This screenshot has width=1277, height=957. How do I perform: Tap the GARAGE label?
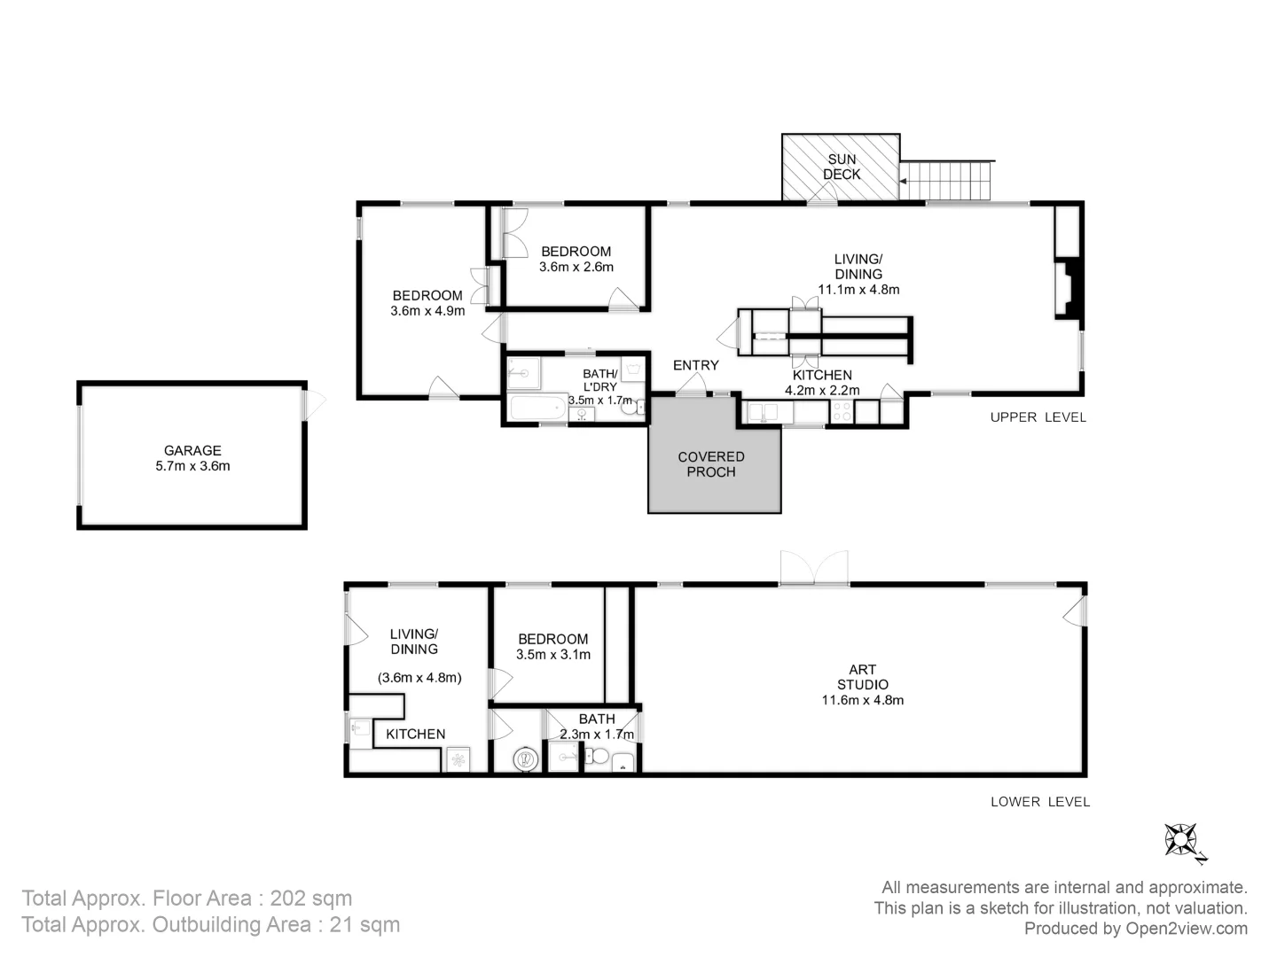click(x=192, y=450)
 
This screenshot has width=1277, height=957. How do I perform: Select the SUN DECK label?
click(x=842, y=167)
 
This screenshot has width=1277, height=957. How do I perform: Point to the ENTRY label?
click(x=695, y=365)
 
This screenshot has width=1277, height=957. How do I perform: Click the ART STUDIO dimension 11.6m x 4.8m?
click(x=862, y=700)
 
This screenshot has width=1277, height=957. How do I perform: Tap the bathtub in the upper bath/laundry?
click(x=537, y=409)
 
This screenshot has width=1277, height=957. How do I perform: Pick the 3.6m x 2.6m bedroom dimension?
click(x=576, y=267)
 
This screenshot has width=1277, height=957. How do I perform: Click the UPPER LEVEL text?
click(x=1038, y=417)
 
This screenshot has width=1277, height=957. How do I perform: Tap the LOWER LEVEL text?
click(x=1039, y=802)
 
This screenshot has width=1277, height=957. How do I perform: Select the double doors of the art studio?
click(x=814, y=568)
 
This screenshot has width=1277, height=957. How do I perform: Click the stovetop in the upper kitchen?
click(x=842, y=411)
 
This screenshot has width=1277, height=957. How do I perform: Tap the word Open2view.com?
click(x=1187, y=929)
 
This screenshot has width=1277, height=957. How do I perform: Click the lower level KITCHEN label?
click(x=415, y=734)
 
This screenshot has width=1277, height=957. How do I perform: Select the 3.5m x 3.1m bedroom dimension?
click(x=552, y=655)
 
